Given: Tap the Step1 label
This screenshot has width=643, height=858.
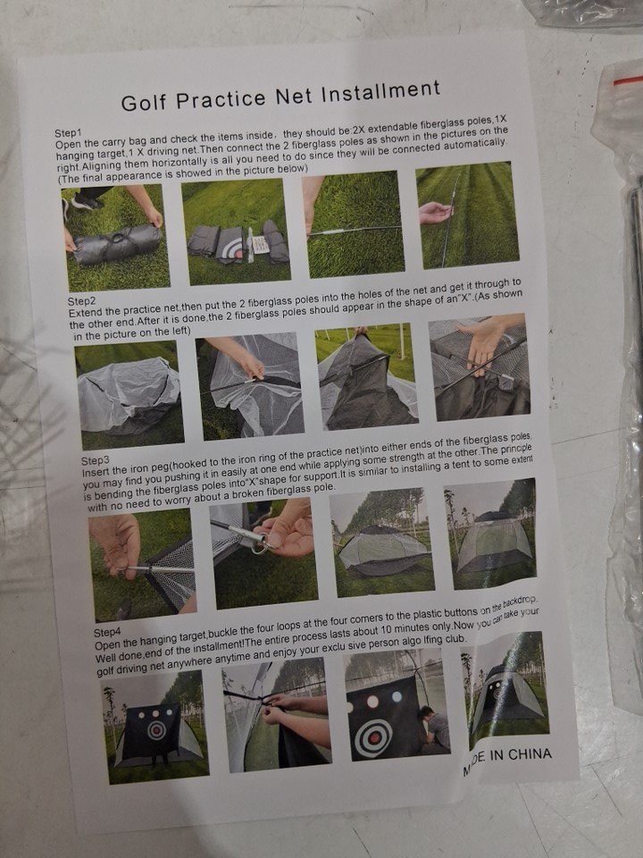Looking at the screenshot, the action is (67, 133).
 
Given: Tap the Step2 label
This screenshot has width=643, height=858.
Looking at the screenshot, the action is (81, 301).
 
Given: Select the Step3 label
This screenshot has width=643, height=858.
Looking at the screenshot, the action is (96, 461).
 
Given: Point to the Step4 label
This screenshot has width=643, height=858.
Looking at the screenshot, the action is (107, 633).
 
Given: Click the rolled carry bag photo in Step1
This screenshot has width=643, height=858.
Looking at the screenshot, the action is (115, 238).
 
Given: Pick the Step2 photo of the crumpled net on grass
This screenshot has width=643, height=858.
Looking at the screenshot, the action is (129, 394).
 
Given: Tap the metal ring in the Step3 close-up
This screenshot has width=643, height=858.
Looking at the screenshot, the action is (262, 545).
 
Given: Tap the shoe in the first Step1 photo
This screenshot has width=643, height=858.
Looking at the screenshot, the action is (87, 203).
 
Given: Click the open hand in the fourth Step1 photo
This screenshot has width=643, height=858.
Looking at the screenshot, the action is (436, 214).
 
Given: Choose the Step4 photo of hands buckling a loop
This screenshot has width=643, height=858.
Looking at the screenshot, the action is (277, 715).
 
